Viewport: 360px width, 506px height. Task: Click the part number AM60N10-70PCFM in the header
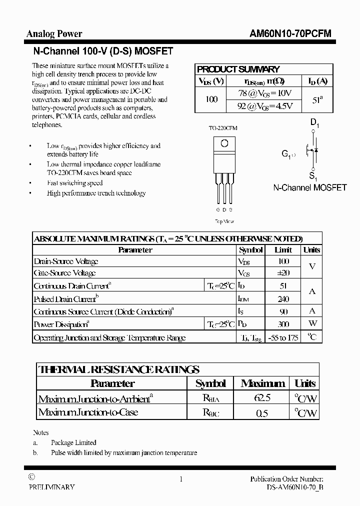pyautogui.click(x=290, y=34)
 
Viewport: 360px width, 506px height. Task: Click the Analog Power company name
pyautogui.click(x=54, y=34)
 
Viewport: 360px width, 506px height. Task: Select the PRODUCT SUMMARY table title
pyautogui.click(x=238, y=69)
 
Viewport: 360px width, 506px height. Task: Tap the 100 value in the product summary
pyautogui.click(x=211, y=99)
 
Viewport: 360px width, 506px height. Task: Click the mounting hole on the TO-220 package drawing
pyautogui.click(x=224, y=143)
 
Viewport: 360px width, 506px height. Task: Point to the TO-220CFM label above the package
pyautogui.click(x=223, y=128)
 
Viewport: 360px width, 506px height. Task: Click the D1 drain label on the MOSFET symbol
pyautogui.click(x=314, y=122)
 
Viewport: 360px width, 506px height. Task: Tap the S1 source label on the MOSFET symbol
pyautogui.click(x=313, y=176)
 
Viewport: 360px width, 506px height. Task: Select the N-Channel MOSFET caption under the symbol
pyautogui.click(x=309, y=187)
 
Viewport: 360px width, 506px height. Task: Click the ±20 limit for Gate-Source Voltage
pyautogui.click(x=283, y=273)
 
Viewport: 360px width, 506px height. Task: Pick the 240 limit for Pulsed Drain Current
pyautogui.click(x=283, y=299)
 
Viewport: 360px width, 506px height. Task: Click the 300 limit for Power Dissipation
pyautogui.click(x=283, y=324)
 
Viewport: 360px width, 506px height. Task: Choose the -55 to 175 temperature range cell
pyautogui.click(x=283, y=337)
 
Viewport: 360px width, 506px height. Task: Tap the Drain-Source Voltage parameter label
pyautogui.click(x=66, y=261)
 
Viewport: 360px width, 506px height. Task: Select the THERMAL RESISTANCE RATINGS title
pyautogui.click(x=119, y=370)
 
